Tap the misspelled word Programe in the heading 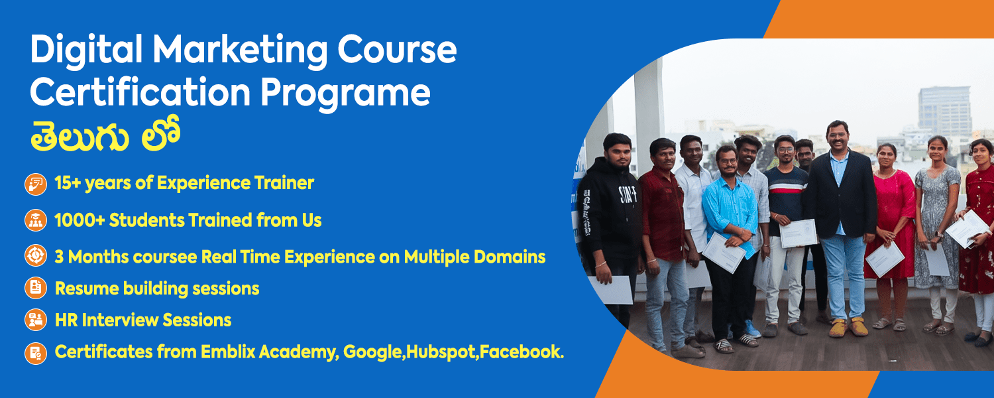(345, 94)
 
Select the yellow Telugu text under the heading (105, 135)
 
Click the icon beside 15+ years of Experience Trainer (36, 184)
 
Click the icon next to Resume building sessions (36, 288)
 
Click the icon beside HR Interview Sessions (36, 320)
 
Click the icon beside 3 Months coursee (36, 255)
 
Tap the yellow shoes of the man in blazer (848, 328)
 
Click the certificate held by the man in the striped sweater (799, 233)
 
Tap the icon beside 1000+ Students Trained (36, 220)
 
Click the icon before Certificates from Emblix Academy (36, 353)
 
